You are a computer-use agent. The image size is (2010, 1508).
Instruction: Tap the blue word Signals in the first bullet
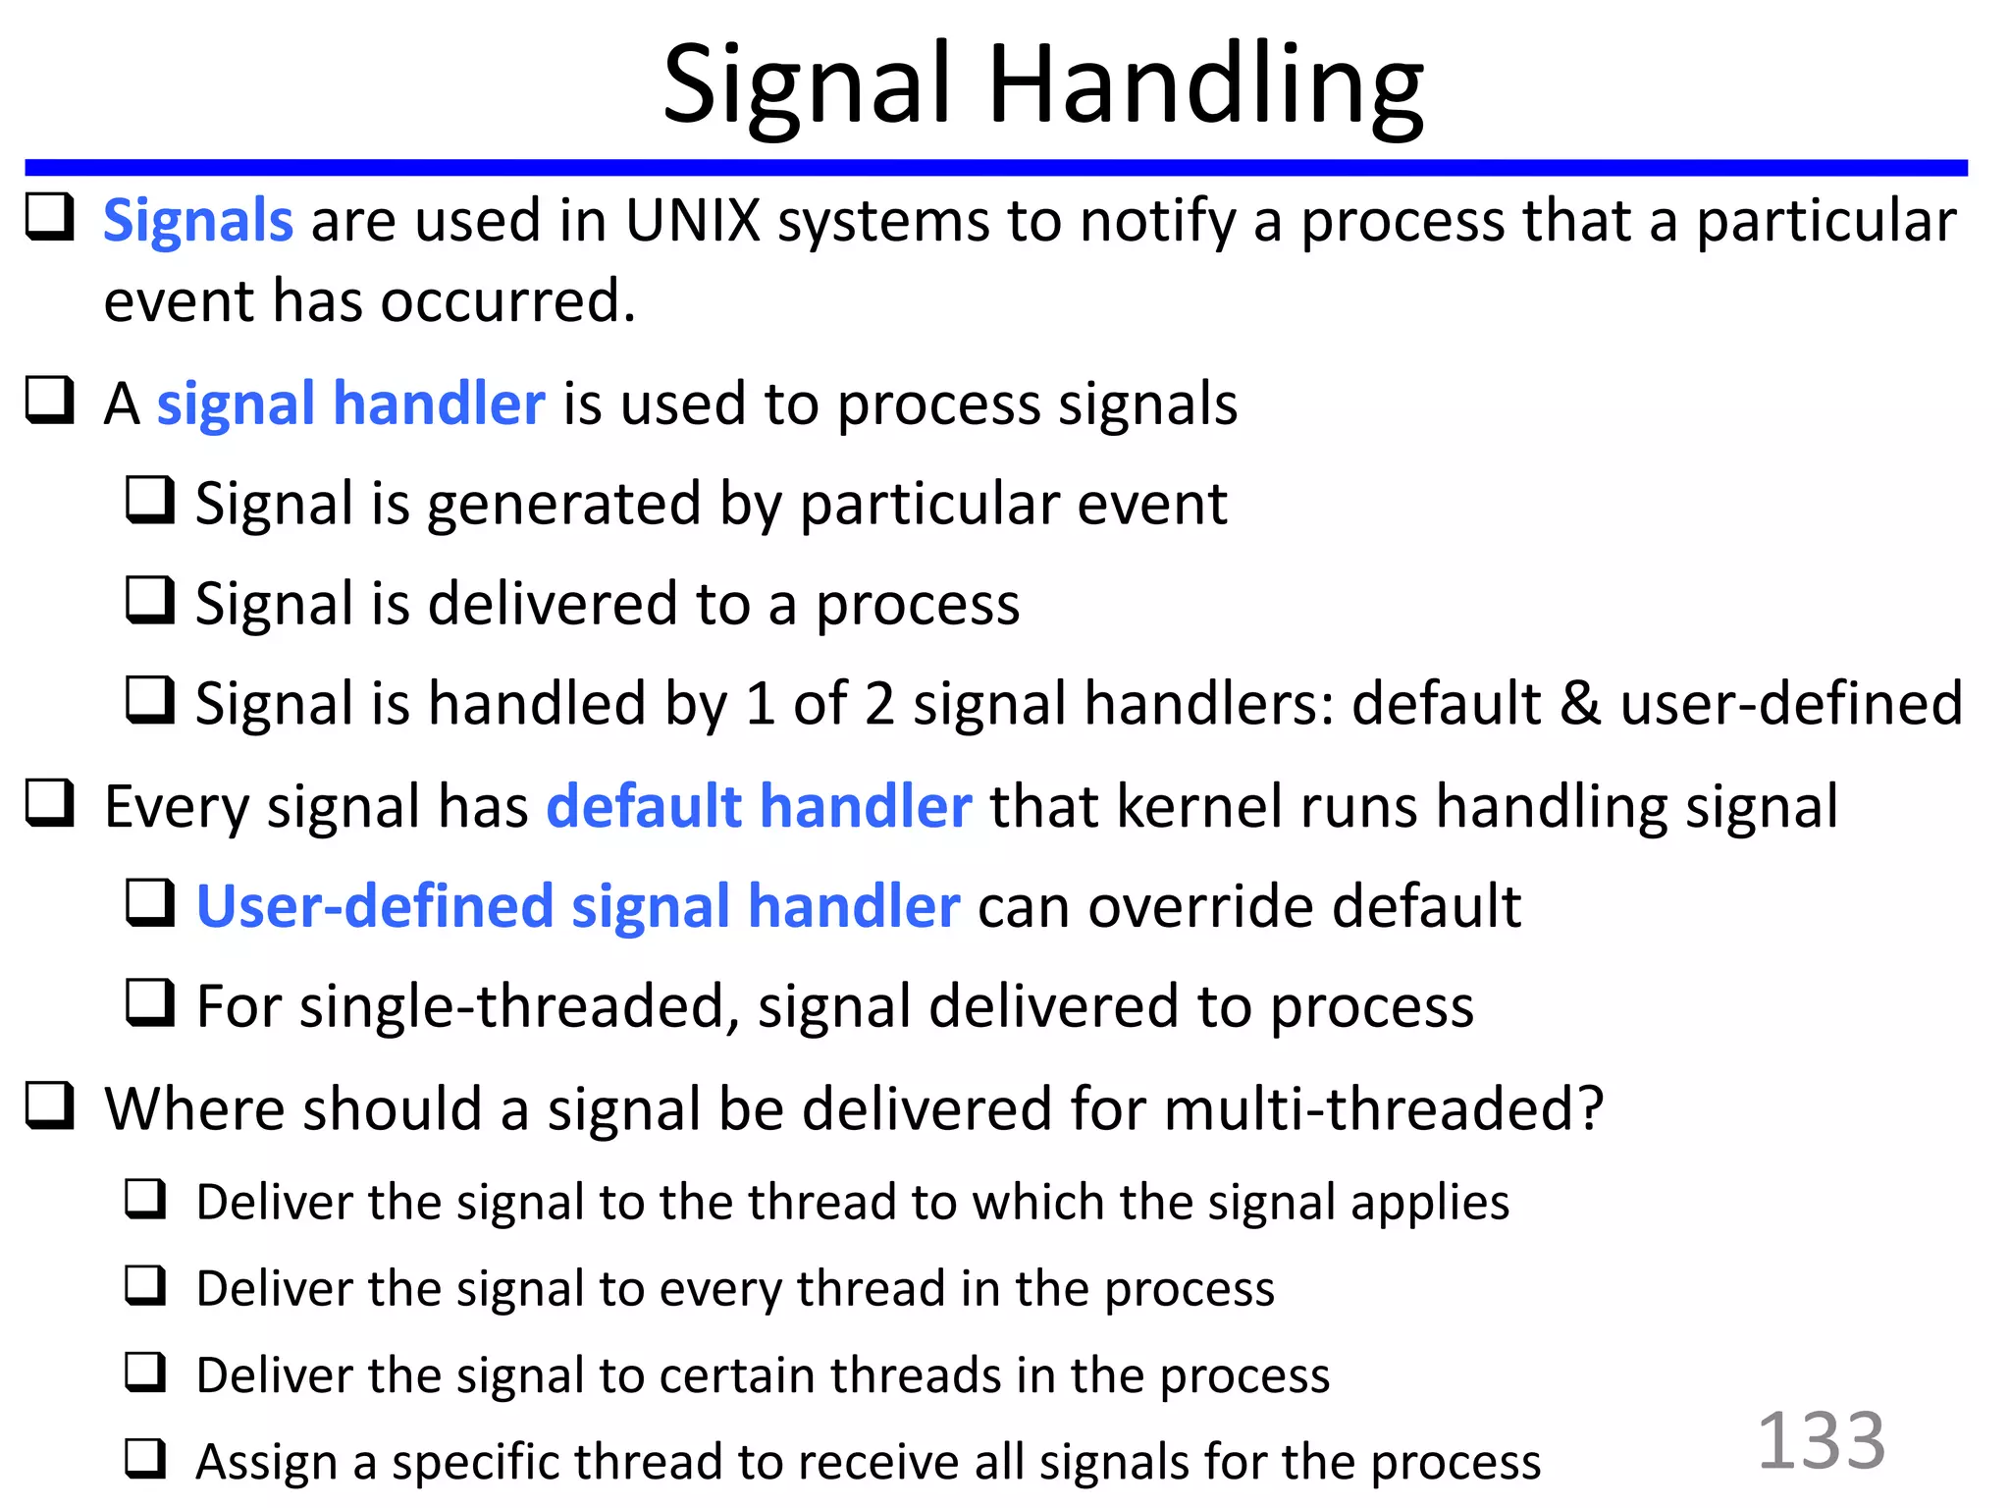pyautogui.click(x=197, y=220)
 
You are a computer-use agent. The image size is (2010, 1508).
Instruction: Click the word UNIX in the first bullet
pyautogui.click(x=693, y=220)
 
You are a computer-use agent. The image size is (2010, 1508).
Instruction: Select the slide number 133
pyautogui.click(x=1821, y=1440)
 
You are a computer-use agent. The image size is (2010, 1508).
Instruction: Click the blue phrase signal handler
pyautogui.click(x=350, y=404)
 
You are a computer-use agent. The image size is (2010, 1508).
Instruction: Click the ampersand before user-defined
pyautogui.click(x=1580, y=703)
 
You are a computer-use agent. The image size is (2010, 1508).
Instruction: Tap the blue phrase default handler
pyautogui.click(x=759, y=807)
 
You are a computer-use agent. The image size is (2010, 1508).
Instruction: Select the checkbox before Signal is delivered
pyautogui.click(x=150, y=600)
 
